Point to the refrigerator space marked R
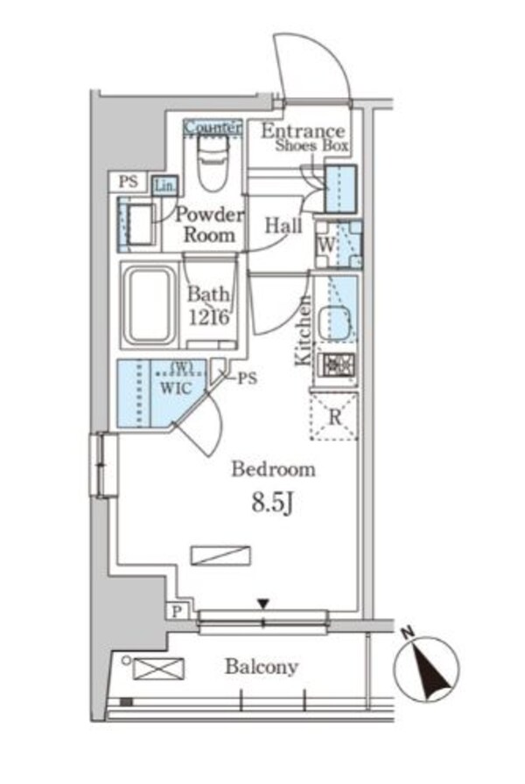click(x=334, y=417)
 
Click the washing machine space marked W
click(x=339, y=245)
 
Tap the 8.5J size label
click(x=272, y=503)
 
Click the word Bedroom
click(x=273, y=469)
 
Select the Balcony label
click(x=262, y=667)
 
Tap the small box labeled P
click(x=176, y=612)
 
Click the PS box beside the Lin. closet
click(x=129, y=182)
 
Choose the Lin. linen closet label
click(x=165, y=186)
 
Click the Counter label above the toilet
click(x=213, y=127)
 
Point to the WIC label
click(x=176, y=388)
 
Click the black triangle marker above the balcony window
click(x=263, y=604)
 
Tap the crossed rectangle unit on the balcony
click(x=158, y=669)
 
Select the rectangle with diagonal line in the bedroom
click(x=220, y=556)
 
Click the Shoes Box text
click(x=311, y=146)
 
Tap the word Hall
click(x=283, y=225)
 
